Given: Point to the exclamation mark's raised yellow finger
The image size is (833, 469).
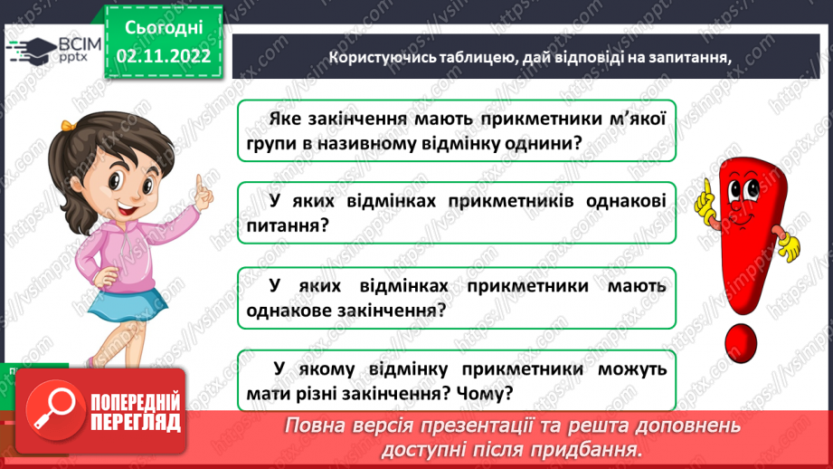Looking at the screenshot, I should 703,189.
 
